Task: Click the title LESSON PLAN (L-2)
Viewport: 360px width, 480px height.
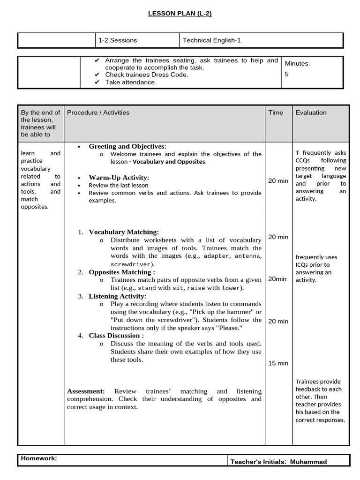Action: [x=180, y=14]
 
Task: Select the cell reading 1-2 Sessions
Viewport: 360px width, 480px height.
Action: [x=118, y=40]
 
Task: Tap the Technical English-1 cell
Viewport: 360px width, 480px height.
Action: [x=211, y=40]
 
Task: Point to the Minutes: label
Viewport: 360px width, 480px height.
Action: [x=297, y=63]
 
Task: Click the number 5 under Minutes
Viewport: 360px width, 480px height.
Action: [x=287, y=74]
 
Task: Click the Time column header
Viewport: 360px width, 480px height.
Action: [x=276, y=112]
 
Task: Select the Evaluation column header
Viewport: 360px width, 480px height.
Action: [x=311, y=112]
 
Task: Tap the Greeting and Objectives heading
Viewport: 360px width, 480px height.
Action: [x=127, y=147]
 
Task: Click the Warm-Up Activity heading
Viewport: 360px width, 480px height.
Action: [x=119, y=178]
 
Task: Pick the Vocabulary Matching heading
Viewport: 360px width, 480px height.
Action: [x=124, y=232]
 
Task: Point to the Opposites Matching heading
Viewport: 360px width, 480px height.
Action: [x=122, y=272]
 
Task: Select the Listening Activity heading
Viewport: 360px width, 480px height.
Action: [x=118, y=296]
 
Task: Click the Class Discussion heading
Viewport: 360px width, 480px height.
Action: [x=116, y=336]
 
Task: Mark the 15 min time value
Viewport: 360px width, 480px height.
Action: [x=278, y=363]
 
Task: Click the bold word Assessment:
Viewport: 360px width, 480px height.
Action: [x=86, y=391]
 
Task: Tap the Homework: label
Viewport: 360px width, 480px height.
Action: [x=39, y=458]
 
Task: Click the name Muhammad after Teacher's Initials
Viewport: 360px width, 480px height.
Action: [x=308, y=462]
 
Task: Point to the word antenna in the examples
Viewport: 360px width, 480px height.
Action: [x=245, y=256]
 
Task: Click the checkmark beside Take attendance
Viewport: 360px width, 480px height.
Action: [x=97, y=82]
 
